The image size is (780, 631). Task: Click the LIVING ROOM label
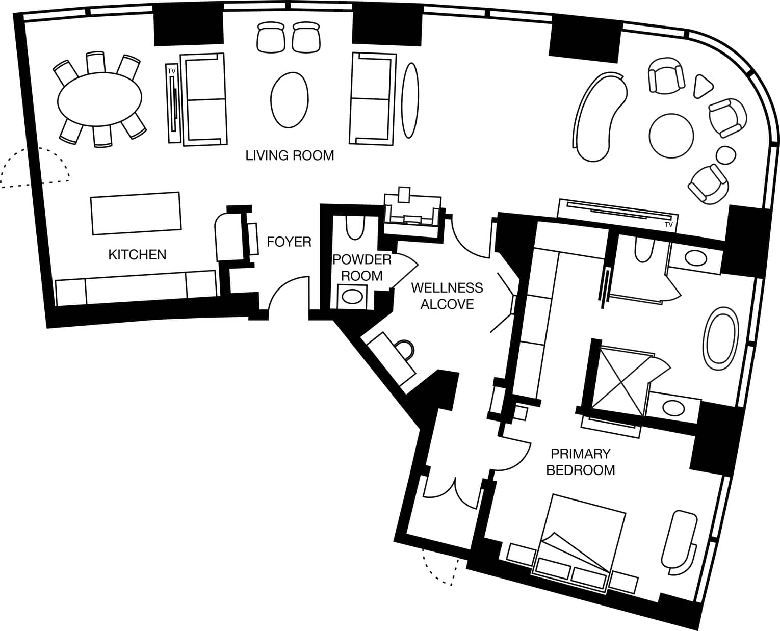[x=290, y=155]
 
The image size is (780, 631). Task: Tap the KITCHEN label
[x=137, y=255]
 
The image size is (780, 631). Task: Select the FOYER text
[x=289, y=242]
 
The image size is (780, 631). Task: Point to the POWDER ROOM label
[x=362, y=268]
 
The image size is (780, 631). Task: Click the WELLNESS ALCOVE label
[x=447, y=296]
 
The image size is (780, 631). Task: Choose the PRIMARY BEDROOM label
[x=581, y=462]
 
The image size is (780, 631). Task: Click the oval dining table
[x=99, y=99]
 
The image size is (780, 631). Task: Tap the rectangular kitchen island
[x=136, y=214]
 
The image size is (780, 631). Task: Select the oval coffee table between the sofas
[x=289, y=100]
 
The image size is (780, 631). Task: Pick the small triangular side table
[x=702, y=86]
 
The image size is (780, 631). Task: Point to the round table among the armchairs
[x=671, y=136]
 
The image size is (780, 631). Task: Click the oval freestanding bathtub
[x=720, y=338]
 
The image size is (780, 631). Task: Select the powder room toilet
[x=355, y=227]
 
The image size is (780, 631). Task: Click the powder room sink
[x=352, y=297]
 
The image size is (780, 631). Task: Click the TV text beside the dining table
[x=172, y=71]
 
